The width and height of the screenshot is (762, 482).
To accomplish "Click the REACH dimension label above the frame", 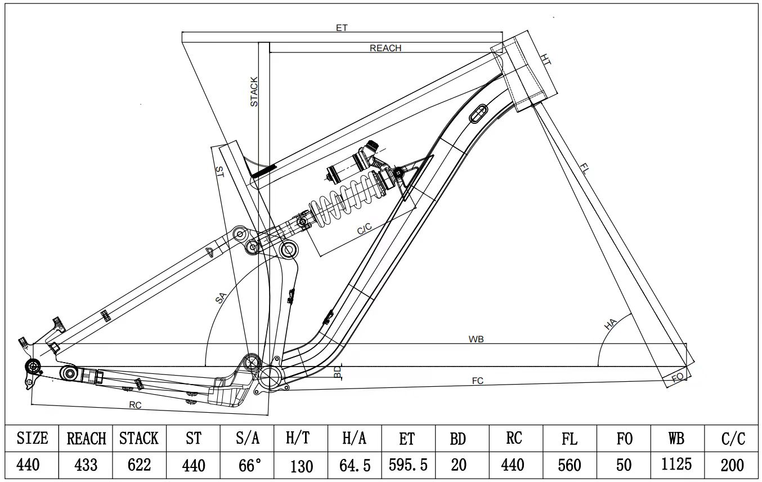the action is click(x=386, y=48).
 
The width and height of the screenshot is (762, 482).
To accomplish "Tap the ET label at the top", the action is click(x=342, y=28).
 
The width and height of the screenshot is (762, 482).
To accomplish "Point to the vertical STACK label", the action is click(x=254, y=92).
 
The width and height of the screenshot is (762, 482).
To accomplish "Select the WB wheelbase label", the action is click(x=476, y=339).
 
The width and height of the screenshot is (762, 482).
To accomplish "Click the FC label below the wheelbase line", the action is click(x=478, y=381).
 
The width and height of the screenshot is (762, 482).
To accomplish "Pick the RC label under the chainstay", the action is click(x=135, y=405).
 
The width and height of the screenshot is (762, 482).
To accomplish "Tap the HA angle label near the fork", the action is click(x=610, y=324).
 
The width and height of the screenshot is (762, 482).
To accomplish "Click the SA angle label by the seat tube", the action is click(x=221, y=298).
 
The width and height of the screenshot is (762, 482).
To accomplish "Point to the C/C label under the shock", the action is click(x=364, y=229).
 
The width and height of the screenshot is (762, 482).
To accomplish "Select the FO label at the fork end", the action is click(x=678, y=377).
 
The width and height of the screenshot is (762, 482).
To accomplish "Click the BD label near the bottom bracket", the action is click(x=337, y=372).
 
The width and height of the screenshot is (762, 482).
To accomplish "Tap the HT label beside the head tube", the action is click(x=545, y=59).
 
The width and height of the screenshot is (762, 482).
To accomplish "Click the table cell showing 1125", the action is click(x=676, y=465).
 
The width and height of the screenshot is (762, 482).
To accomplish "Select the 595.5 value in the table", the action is click(x=408, y=465).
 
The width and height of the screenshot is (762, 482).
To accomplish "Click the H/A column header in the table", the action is click(x=354, y=439).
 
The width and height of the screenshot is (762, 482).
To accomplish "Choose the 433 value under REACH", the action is click(x=86, y=465).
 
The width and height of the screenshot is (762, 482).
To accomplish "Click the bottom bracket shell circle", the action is click(x=270, y=377).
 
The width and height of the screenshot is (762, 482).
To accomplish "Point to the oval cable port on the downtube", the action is click(x=478, y=113).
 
